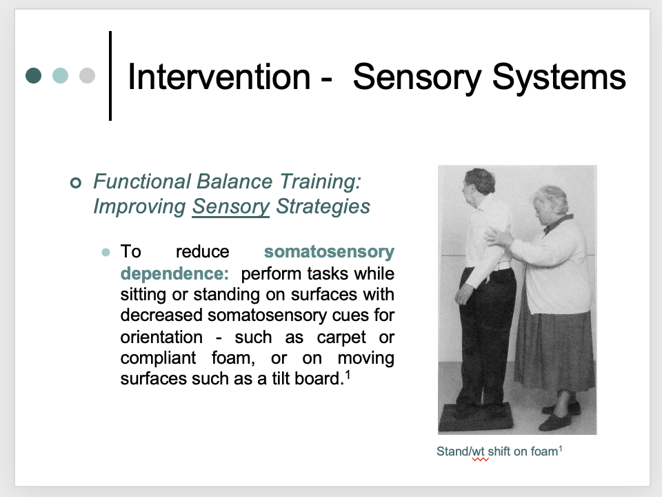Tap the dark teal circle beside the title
click(33, 75)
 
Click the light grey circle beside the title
click(87, 75)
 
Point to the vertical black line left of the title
click(110, 75)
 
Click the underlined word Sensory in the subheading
click(230, 206)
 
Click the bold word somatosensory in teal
click(329, 251)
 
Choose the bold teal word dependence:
click(174, 273)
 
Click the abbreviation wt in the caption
click(480, 452)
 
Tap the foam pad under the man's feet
click(477, 417)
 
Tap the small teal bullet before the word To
click(106, 252)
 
